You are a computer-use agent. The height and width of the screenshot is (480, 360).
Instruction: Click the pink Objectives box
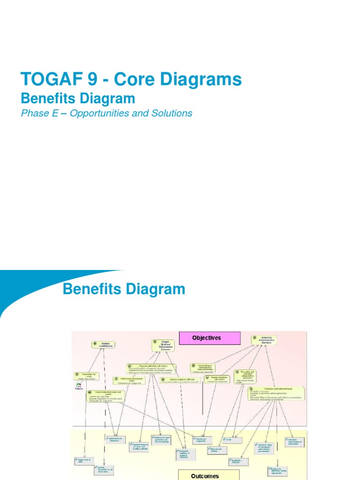(210, 338)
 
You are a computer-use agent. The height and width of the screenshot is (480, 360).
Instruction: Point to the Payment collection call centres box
(151, 368)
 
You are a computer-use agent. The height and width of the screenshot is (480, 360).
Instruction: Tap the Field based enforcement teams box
(128, 381)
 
